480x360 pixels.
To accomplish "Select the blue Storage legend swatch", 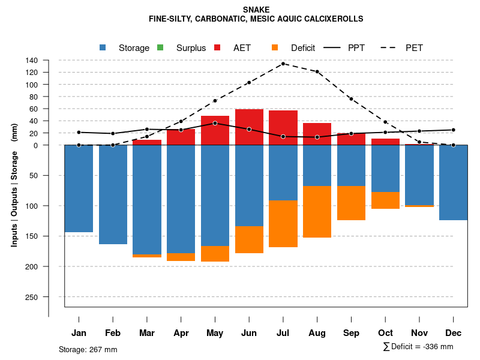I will click(103, 47).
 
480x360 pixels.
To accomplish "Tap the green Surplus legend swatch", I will click(160, 47).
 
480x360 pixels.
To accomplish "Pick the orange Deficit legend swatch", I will click(275, 47).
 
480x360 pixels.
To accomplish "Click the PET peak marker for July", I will click(283, 64).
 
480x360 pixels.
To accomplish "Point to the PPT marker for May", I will click(215, 123).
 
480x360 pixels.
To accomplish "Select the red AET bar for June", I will click(249, 127).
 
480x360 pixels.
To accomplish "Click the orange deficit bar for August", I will click(317, 211).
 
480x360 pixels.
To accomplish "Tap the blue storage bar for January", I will click(79, 188).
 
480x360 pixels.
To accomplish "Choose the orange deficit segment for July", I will click(283, 223).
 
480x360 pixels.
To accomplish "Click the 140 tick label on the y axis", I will click(32, 60).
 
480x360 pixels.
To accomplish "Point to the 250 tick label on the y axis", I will click(32, 297).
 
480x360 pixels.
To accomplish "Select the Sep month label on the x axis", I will click(351, 333).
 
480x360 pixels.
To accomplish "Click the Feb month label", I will click(113, 333).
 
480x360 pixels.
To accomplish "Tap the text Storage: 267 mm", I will click(88, 349).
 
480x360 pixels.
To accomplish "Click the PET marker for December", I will click(453, 145).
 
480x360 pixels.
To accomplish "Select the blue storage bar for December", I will click(453, 182).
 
